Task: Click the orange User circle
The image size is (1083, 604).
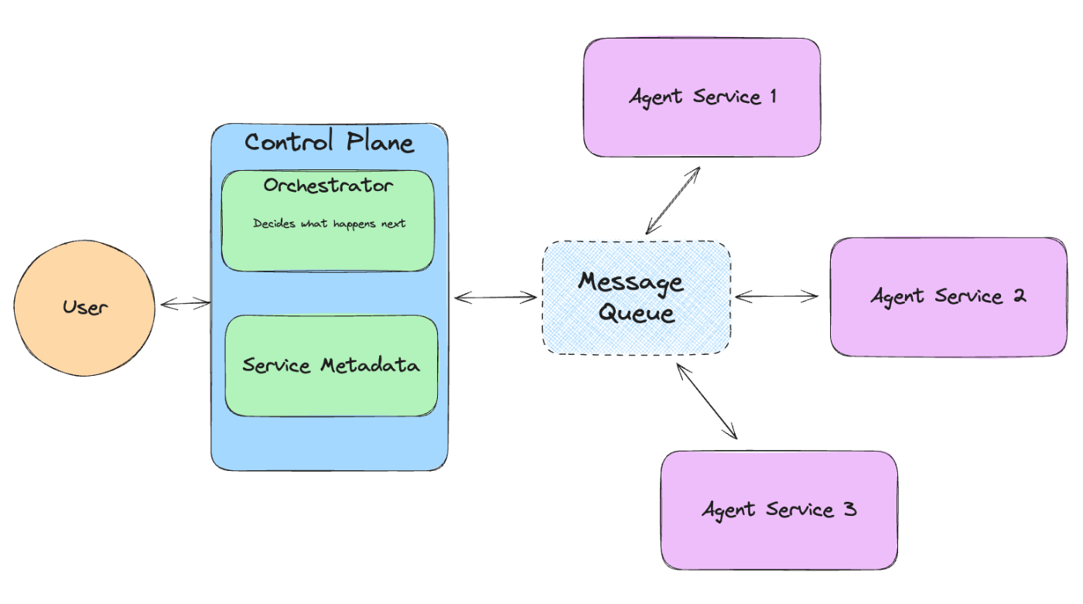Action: (84, 308)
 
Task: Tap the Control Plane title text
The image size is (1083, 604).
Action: (330, 142)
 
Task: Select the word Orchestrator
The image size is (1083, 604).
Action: (328, 185)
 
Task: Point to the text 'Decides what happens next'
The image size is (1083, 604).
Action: (330, 224)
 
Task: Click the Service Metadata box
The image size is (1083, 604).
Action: (331, 366)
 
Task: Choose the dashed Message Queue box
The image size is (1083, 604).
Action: (636, 298)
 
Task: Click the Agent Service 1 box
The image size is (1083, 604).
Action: (702, 97)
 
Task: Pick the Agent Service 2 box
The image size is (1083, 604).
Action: (948, 297)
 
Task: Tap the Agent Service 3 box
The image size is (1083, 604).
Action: (780, 510)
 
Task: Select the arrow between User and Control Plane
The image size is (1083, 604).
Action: (186, 303)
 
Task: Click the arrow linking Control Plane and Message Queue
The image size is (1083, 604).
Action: (496, 298)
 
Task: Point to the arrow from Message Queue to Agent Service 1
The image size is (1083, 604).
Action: (673, 200)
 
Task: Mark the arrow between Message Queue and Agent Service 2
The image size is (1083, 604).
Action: (777, 296)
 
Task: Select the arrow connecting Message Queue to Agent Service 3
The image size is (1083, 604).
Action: (707, 401)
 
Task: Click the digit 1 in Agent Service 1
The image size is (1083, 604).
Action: (774, 96)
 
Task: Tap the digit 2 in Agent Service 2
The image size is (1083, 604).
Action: (1020, 295)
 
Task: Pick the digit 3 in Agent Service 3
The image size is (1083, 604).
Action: (850, 509)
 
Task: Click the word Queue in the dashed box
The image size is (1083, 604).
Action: (636, 313)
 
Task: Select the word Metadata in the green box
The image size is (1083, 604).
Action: (371, 365)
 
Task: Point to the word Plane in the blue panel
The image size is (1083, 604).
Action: (381, 142)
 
